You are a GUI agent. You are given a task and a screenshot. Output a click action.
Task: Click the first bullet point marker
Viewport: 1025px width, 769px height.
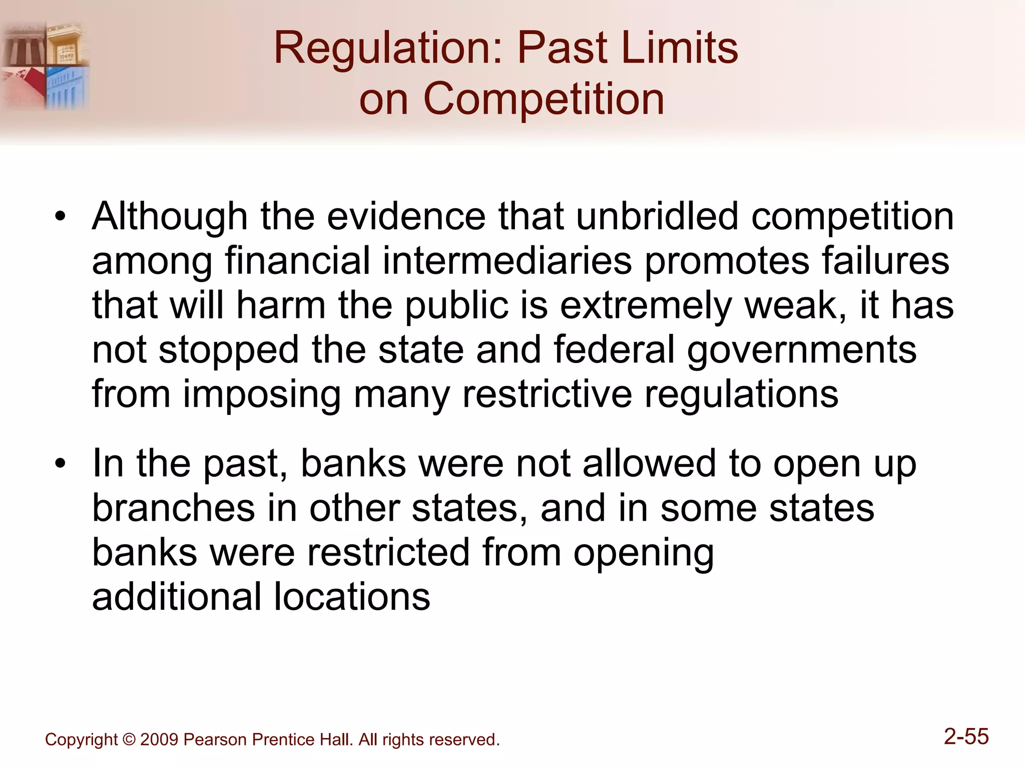pos(61,217)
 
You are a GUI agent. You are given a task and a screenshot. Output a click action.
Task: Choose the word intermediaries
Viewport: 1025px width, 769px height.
pos(507,260)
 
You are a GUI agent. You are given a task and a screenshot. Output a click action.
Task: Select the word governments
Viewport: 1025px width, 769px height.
pos(801,350)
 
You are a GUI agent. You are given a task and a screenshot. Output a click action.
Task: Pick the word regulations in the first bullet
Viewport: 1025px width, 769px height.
pos(741,394)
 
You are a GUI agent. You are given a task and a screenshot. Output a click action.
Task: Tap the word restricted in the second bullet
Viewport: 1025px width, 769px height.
pos(388,552)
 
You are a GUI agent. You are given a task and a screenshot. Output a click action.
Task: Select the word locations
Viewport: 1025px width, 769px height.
pos(352,597)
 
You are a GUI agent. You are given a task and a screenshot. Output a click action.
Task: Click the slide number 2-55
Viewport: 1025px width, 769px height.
pos(966,736)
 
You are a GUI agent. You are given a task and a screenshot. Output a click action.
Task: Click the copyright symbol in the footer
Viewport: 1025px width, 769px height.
pos(129,740)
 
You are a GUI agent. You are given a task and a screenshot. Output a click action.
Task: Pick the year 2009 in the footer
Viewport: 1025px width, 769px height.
pos(159,740)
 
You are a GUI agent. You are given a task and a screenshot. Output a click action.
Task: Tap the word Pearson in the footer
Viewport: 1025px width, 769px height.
pos(215,740)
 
